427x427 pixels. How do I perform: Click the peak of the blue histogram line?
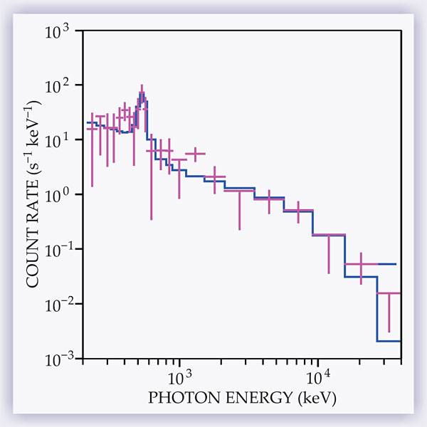[x=142, y=93]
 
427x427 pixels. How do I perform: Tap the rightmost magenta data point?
[x=389, y=293]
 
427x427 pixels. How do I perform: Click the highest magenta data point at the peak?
[x=142, y=95]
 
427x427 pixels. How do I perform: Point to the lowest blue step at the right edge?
[x=389, y=341]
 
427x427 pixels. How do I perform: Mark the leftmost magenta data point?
[x=93, y=128]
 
